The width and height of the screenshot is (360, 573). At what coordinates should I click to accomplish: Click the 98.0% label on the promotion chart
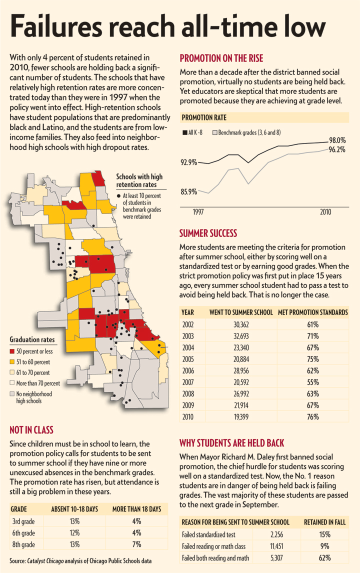[x=337, y=140]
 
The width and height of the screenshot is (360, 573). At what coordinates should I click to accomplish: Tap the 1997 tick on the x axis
[x=198, y=212]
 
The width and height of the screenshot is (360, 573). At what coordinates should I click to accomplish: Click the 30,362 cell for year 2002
[x=241, y=324]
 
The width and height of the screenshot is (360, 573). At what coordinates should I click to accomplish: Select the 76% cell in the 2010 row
[x=313, y=417]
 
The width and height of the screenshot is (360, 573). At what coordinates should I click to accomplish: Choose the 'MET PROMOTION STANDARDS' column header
[x=312, y=312]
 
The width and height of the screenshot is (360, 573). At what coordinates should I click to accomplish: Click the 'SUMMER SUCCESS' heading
[x=208, y=233]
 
